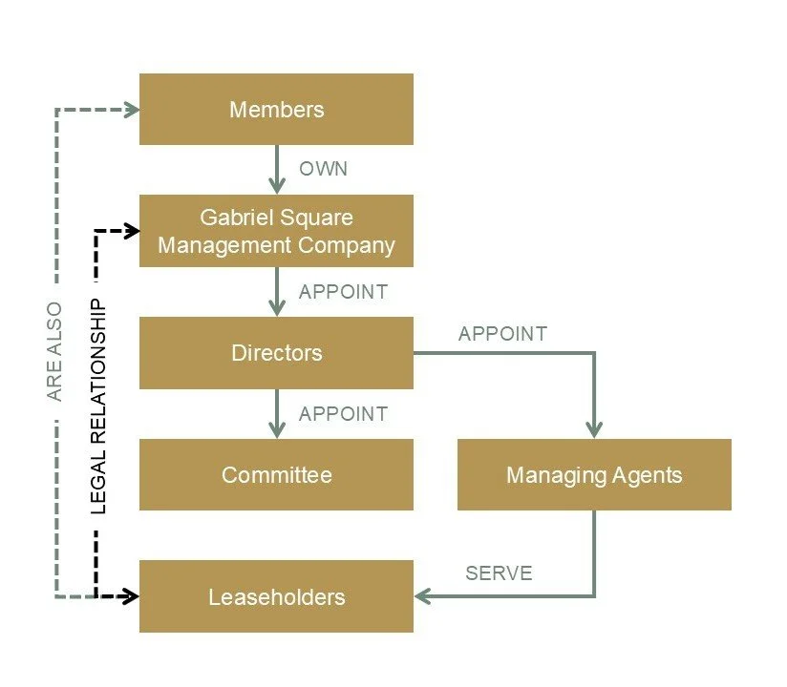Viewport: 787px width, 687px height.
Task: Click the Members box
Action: tap(276, 110)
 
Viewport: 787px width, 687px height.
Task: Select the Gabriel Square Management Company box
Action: tap(276, 231)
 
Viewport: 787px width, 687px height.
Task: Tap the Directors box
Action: tap(276, 353)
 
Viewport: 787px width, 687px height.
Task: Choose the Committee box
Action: tap(276, 474)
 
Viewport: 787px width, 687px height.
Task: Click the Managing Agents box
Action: tap(594, 474)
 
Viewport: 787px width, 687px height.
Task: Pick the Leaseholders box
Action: tap(276, 597)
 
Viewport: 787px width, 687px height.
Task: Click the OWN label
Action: tap(323, 170)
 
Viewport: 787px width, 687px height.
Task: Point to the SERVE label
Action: tap(499, 573)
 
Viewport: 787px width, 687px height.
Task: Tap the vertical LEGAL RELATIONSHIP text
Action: tap(99, 406)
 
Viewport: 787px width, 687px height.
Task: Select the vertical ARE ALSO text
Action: tap(54, 351)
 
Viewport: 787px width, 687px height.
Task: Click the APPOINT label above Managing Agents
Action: tap(502, 334)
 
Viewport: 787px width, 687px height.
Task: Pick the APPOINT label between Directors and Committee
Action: tap(343, 414)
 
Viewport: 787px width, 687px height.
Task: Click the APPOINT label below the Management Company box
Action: tap(343, 292)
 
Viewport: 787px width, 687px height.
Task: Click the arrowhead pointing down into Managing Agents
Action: tap(594, 429)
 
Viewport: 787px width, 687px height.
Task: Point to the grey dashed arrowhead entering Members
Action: tap(131, 110)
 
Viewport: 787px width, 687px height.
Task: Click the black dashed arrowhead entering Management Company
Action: tap(131, 231)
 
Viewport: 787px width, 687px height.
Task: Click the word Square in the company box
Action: tap(317, 218)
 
